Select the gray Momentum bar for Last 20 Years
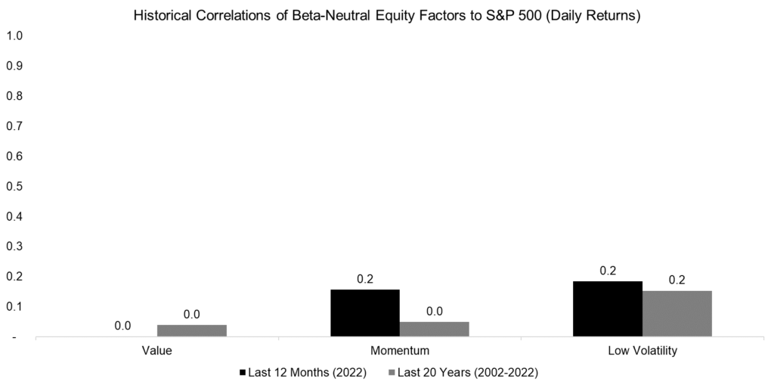point(435,329)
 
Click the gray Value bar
point(192,330)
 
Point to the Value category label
point(157,351)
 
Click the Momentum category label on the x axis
point(400,351)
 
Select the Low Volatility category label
point(642,351)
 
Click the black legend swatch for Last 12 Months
point(243,372)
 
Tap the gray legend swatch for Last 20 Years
point(392,372)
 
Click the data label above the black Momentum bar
point(365,280)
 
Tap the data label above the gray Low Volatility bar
point(677,280)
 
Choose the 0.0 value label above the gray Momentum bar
point(435,311)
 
